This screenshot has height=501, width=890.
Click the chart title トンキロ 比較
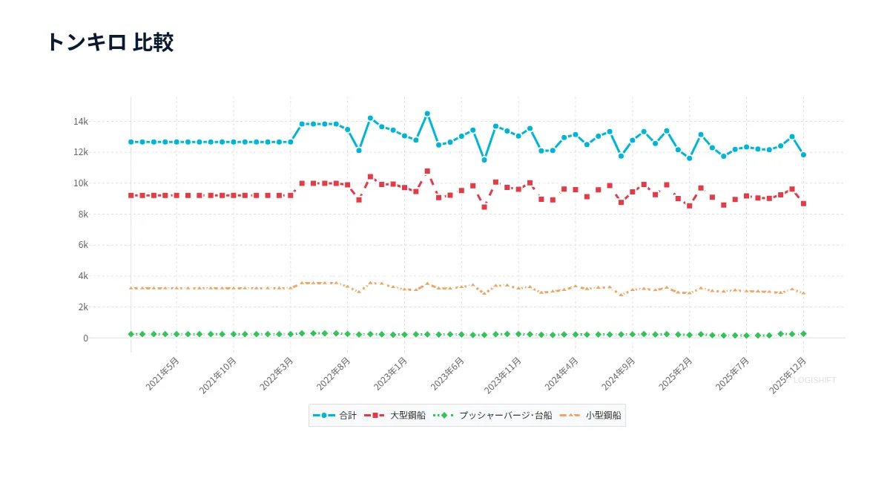(111, 42)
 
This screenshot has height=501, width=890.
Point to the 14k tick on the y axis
(81, 122)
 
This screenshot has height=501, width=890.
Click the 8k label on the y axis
(83, 215)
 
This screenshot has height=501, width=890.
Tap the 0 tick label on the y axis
(85, 338)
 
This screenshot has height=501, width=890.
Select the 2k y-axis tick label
(83, 307)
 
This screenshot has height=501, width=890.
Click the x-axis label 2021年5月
(162, 374)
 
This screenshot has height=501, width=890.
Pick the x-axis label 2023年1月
(391, 374)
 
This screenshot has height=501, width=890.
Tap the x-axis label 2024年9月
(619, 374)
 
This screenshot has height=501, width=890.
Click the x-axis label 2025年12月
(788, 376)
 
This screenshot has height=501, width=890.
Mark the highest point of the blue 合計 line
(427, 114)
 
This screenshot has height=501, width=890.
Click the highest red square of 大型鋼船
(427, 171)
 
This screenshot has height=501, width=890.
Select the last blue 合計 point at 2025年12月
(803, 154)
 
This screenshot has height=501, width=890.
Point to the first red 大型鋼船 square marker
(131, 196)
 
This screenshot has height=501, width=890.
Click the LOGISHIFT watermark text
(815, 381)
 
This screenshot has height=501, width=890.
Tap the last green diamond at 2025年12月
(803, 334)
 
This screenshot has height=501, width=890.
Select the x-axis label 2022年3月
(277, 374)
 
